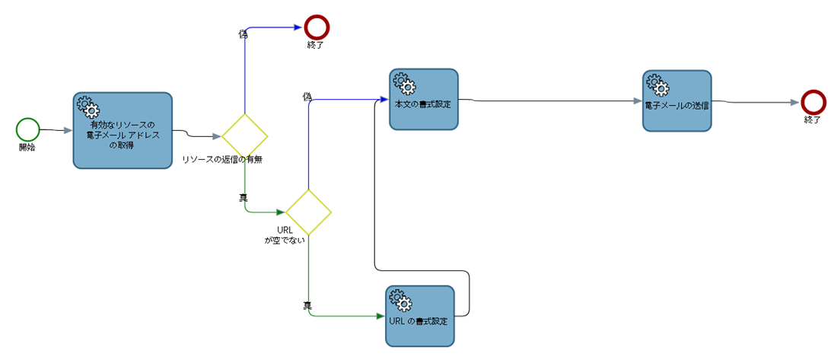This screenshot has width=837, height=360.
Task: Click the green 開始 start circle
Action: tap(28, 129)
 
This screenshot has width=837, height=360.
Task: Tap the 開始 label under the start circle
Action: tap(27, 147)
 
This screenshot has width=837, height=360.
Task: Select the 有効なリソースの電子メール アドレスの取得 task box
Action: tap(122, 130)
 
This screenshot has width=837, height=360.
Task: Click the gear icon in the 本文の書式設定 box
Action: tap(403, 81)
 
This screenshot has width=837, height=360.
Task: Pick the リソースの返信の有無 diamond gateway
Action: tap(244, 136)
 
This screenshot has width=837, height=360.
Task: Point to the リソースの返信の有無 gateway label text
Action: tap(222, 160)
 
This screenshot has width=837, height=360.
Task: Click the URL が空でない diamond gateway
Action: tap(308, 212)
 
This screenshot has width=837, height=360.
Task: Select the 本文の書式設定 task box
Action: tap(424, 100)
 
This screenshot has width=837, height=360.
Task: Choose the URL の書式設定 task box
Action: tap(420, 316)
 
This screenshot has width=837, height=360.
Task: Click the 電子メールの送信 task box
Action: tap(676, 100)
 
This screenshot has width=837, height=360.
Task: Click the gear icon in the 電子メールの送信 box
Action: tap(656, 84)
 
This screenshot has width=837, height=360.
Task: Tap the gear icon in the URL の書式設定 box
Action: tap(399, 298)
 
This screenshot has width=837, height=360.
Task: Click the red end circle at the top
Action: tap(316, 27)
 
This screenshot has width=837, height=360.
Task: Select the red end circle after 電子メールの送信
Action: tap(813, 102)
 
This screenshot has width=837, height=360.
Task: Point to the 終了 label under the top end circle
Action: tap(316, 45)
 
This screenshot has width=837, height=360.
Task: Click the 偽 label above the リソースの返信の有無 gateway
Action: tap(243, 34)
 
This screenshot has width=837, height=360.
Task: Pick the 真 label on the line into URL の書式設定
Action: tap(307, 305)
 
